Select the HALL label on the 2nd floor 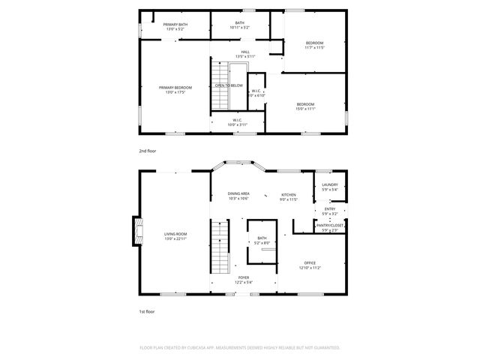(x=245, y=53)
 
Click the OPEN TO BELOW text (x=229, y=85)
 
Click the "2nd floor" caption (x=147, y=151)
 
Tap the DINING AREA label (x=238, y=196)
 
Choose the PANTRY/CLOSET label (x=330, y=226)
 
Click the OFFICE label (x=310, y=265)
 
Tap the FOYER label (x=244, y=279)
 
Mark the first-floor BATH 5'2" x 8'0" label (x=262, y=240)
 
